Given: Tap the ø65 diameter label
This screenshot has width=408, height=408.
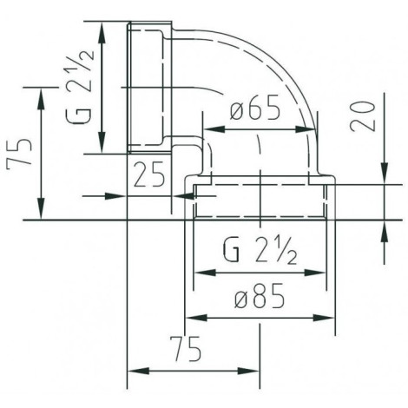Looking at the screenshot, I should pyautogui.click(x=258, y=111).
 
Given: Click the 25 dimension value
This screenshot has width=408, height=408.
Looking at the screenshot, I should pyautogui.click(x=149, y=176).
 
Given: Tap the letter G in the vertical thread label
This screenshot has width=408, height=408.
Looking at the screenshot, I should pyautogui.click(x=79, y=119).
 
